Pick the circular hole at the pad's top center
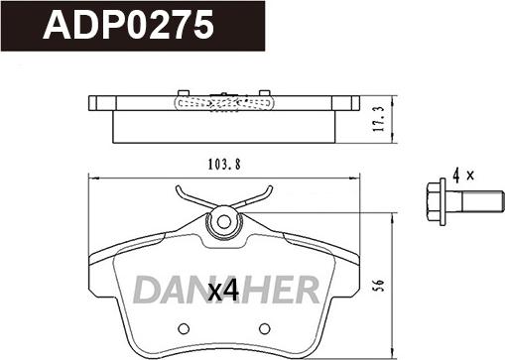tap(224, 221)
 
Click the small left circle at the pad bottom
tap(184, 328)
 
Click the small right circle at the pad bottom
tap(264, 328)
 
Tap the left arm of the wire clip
tap(191, 195)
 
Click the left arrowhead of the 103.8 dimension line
tap(92, 179)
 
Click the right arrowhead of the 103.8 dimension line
tap(355, 179)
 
